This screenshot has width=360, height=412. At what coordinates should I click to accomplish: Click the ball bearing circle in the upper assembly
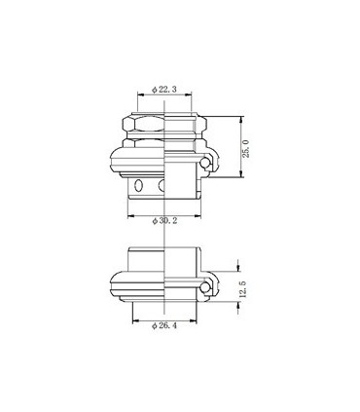click(x=206, y=166)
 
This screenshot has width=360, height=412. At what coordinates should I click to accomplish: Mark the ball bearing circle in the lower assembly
click(x=206, y=282)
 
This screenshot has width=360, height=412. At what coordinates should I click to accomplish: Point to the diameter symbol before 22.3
click(x=155, y=90)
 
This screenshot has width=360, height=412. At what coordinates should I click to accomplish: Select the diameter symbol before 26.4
click(x=155, y=324)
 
